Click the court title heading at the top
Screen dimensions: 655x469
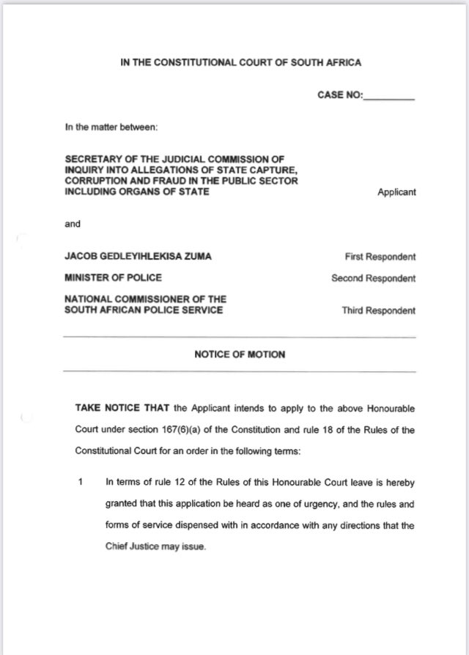click(240, 63)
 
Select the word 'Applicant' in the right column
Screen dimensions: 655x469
click(396, 192)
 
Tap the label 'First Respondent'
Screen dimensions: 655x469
click(380, 257)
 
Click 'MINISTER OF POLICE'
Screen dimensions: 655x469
click(114, 278)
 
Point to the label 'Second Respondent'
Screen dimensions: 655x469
click(374, 279)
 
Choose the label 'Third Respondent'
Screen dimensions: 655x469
click(378, 310)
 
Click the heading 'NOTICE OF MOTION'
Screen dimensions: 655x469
click(240, 354)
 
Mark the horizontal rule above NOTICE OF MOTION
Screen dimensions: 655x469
click(240, 337)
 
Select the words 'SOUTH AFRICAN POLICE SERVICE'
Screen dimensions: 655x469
click(145, 310)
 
